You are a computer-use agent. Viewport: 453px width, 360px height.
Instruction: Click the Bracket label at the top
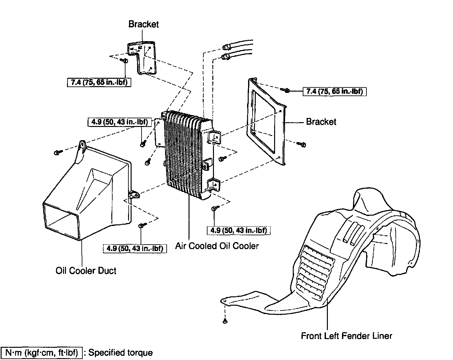[143, 24]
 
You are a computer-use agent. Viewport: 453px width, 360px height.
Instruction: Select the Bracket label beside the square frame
[321, 122]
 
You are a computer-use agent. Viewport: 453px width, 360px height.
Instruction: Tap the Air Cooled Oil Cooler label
[217, 246]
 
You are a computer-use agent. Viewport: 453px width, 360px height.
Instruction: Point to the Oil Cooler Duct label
[86, 271]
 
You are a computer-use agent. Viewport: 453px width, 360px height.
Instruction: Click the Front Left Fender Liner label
[347, 336]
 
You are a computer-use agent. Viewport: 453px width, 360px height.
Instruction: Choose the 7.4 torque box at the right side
[335, 91]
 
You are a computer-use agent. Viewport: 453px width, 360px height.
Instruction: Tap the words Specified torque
[120, 353]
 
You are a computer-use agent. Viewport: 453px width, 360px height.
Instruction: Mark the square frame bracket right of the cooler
[265, 122]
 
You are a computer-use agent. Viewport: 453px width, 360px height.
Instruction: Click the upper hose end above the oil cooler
[226, 47]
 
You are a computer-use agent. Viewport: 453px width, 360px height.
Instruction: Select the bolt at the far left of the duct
[58, 151]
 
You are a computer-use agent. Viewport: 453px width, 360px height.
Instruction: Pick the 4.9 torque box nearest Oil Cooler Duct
[134, 248]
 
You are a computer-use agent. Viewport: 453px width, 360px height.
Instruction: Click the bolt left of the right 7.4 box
[285, 90]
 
